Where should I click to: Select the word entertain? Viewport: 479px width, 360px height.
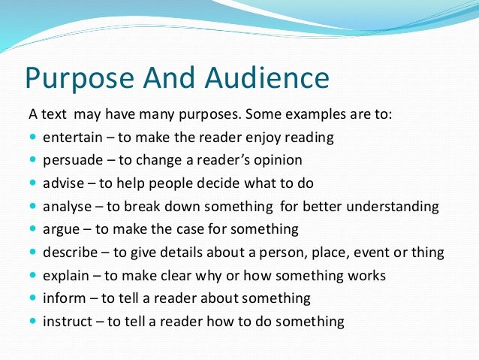pos(73,138)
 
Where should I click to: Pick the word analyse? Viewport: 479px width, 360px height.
pos(68,206)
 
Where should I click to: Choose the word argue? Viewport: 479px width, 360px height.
pos(62,229)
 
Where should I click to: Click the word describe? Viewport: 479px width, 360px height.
pos(70,252)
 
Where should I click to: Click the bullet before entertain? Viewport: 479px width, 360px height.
pos(33,138)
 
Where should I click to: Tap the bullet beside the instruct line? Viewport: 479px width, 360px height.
pos(33,321)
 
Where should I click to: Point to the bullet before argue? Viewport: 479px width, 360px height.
pos(33,229)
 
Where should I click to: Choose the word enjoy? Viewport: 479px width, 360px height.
pos(259,138)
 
